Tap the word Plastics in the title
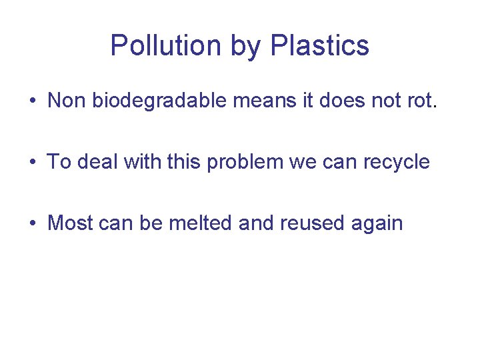pyautogui.click(x=321, y=46)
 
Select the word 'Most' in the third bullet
pyautogui.click(x=70, y=223)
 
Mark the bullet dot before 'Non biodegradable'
pyautogui.click(x=32, y=101)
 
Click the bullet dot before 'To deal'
pyautogui.click(x=32, y=163)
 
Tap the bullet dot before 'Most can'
pyautogui.click(x=32, y=223)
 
